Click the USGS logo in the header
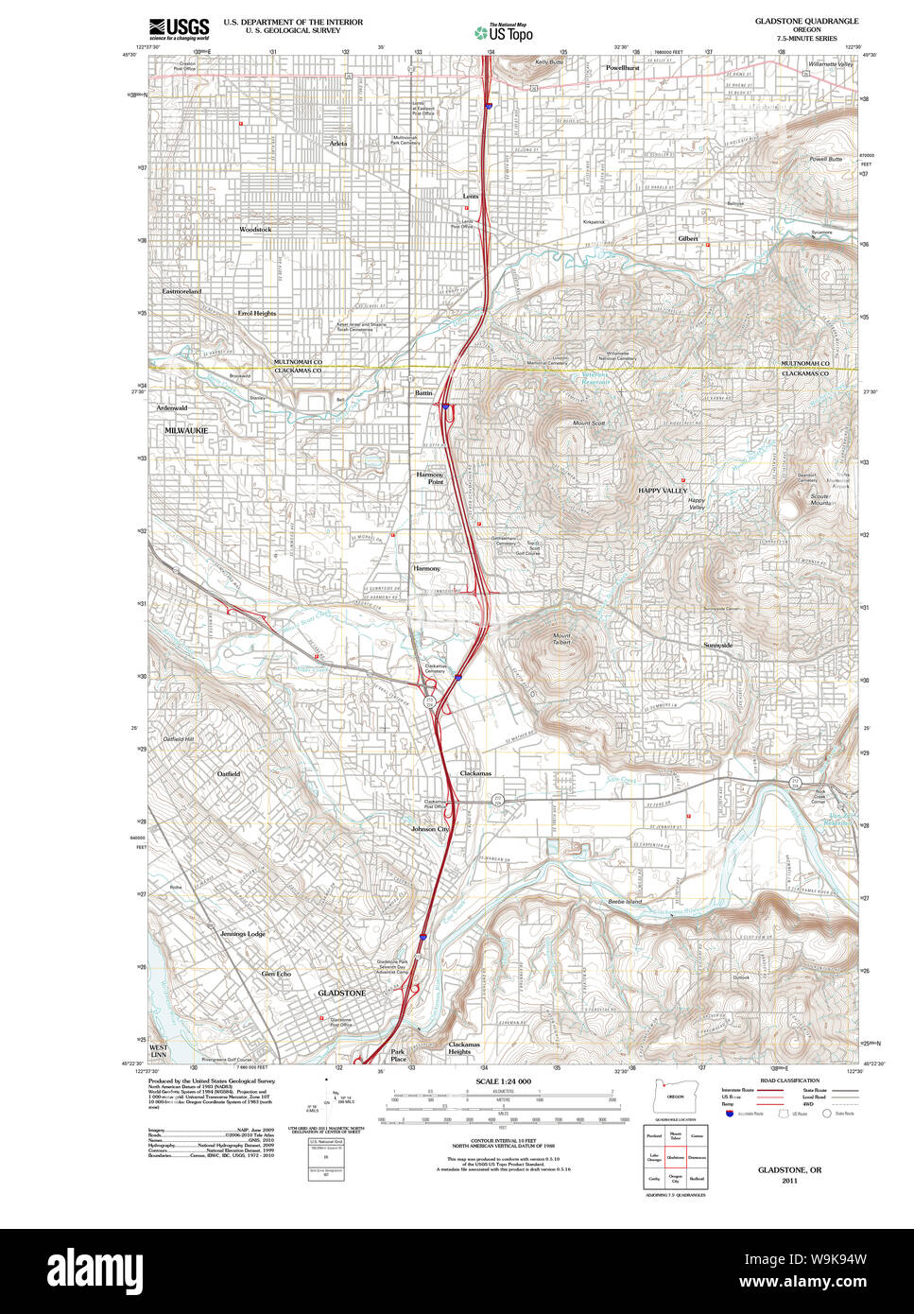(x=179, y=29)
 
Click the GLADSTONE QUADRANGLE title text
(x=806, y=20)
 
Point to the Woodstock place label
(x=255, y=230)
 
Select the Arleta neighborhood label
(x=338, y=143)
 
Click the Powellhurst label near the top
(x=623, y=68)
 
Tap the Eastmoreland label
(x=181, y=292)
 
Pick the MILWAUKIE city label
(x=185, y=430)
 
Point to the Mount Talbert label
(x=561, y=639)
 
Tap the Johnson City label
(x=430, y=829)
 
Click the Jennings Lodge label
(x=243, y=934)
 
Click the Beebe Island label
(x=624, y=902)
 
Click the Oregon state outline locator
(x=675, y=1096)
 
